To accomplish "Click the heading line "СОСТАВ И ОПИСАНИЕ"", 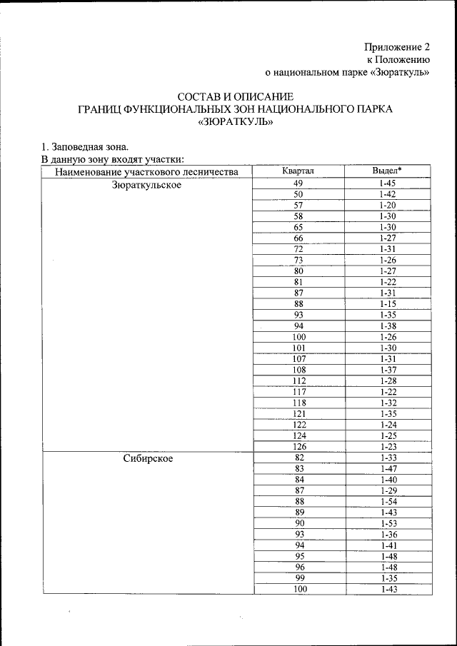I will [x=235, y=96].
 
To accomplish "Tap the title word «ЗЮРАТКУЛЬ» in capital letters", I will [x=235, y=122].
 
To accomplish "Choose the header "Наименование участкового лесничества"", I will [x=146, y=171].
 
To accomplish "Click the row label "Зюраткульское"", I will [x=146, y=184].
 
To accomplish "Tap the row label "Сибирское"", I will [x=146, y=458].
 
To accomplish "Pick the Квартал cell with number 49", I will [x=298, y=183].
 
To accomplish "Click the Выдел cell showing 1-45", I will [x=388, y=183].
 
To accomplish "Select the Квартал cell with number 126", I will [x=298, y=447].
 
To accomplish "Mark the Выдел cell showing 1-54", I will [x=388, y=502].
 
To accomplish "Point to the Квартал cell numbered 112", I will [x=298, y=380].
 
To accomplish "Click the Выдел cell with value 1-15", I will [x=388, y=303].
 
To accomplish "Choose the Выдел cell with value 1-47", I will [x=388, y=469].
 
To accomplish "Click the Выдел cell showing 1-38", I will [x=388, y=325].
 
